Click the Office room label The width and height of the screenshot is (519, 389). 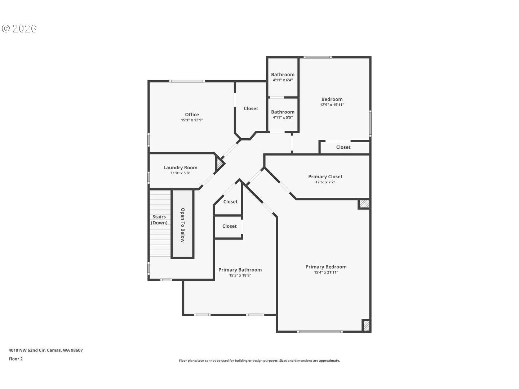click(192, 115)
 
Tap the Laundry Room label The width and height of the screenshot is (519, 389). click(180, 167)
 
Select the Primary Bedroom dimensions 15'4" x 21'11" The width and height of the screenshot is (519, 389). click(326, 273)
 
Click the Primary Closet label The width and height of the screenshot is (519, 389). click(325, 176)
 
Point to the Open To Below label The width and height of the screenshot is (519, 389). click(183, 225)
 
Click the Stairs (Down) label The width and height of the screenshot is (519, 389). click(159, 219)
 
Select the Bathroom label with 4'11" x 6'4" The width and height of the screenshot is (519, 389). click(283, 75)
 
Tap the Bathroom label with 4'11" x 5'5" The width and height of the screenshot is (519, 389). click(283, 112)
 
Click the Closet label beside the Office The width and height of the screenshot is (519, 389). click(251, 108)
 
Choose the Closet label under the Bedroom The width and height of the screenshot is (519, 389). click(343, 147)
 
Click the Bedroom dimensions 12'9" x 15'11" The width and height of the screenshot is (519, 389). click(332, 105)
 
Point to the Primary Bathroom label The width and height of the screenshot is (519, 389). click(240, 270)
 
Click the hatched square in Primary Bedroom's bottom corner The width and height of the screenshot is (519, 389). click(366, 325)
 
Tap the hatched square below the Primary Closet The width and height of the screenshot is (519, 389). click(364, 204)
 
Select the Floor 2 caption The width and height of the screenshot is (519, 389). click(16, 359)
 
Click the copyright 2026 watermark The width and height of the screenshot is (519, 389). click(19, 29)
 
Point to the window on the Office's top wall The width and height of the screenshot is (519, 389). click(187, 81)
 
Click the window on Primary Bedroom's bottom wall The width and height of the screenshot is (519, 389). click(319, 331)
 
